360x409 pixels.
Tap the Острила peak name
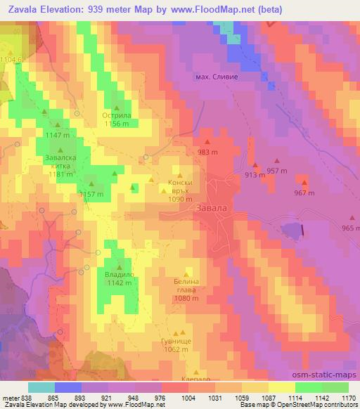(116, 114)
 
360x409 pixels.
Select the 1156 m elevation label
(116, 123)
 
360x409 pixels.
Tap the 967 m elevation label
(303, 193)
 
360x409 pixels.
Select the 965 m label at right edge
(350, 228)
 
